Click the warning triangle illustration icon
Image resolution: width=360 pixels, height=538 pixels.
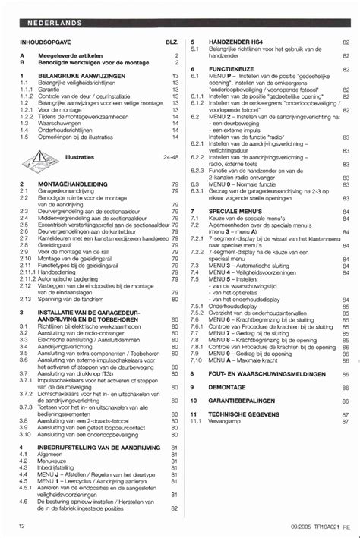pyautogui.click(x=39, y=159)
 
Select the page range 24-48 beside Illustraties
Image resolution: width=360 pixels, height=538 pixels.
pyautogui.click(x=170, y=157)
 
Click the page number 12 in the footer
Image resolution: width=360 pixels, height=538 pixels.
pyautogui.click(x=22, y=525)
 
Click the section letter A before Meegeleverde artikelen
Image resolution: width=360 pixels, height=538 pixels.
pyautogui.click(x=22, y=55)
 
